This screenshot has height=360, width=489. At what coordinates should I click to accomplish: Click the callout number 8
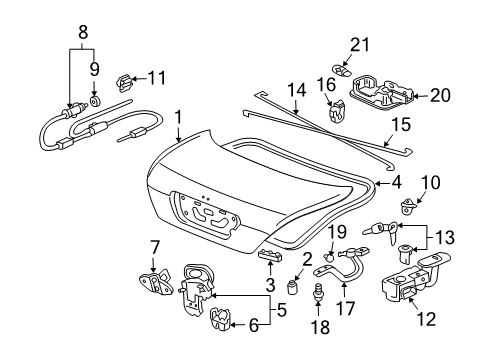point(83,33)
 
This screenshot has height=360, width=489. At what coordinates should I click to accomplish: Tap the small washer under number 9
point(95,101)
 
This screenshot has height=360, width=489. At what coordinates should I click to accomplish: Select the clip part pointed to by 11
point(124,83)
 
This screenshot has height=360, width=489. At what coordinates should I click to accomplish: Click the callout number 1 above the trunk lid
point(179,118)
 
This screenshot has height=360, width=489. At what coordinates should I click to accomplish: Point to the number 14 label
point(297,90)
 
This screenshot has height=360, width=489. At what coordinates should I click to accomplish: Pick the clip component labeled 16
point(337,110)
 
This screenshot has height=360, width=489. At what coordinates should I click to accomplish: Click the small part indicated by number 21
point(342,70)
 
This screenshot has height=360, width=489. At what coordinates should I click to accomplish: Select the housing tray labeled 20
point(382,93)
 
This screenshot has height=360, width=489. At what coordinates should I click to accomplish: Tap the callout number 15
point(401,125)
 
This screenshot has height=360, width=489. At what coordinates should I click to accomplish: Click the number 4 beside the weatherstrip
point(396,183)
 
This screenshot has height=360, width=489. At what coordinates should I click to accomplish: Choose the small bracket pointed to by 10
point(408,206)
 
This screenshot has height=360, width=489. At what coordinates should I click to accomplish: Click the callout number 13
point(445,238)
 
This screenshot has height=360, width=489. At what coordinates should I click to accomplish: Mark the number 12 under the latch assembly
point(426,319)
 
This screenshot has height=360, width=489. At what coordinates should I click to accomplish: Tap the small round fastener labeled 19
point(330,257)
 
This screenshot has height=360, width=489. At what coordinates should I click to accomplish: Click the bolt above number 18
point(318,292)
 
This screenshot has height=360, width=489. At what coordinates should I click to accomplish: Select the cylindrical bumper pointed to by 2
point(292,287)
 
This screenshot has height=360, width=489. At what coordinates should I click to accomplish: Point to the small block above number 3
point(270,256)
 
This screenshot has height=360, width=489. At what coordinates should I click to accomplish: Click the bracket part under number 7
point(156,283)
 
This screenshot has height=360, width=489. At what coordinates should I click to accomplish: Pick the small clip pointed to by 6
point(221,319)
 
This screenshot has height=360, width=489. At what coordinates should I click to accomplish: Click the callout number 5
point(282,311)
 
